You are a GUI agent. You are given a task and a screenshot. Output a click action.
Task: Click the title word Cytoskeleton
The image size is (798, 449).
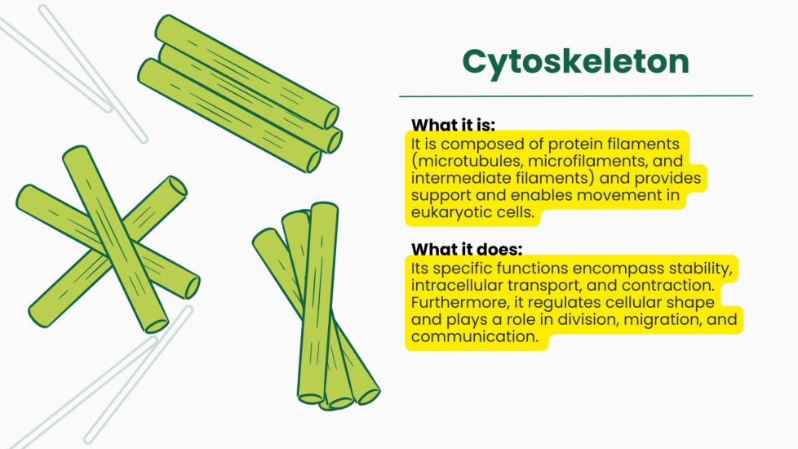(x=575, y=63)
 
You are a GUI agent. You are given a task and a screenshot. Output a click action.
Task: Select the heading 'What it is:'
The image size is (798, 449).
(x=453, y=125)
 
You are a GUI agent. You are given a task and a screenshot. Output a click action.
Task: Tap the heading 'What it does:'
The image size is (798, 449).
(x=467, y=249)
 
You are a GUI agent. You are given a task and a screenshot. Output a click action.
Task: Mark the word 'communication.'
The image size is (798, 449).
(x=474, y=336)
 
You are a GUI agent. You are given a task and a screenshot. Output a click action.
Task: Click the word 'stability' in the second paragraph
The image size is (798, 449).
(x=700, y=269)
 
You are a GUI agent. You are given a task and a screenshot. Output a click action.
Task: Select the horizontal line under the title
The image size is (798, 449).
(x=575, y=96)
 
